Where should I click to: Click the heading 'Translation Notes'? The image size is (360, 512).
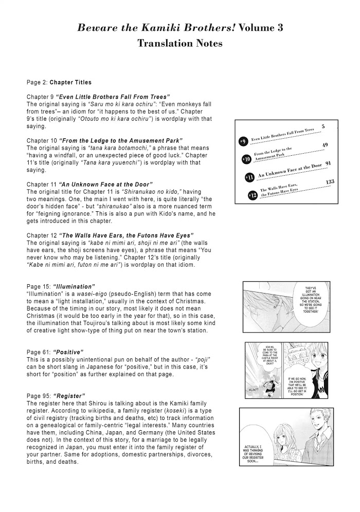point(180,44)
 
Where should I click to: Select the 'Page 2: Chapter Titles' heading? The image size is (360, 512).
point(59,82)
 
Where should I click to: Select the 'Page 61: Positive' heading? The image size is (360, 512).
point(55,352)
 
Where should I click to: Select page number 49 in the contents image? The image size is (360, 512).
point(325,145)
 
